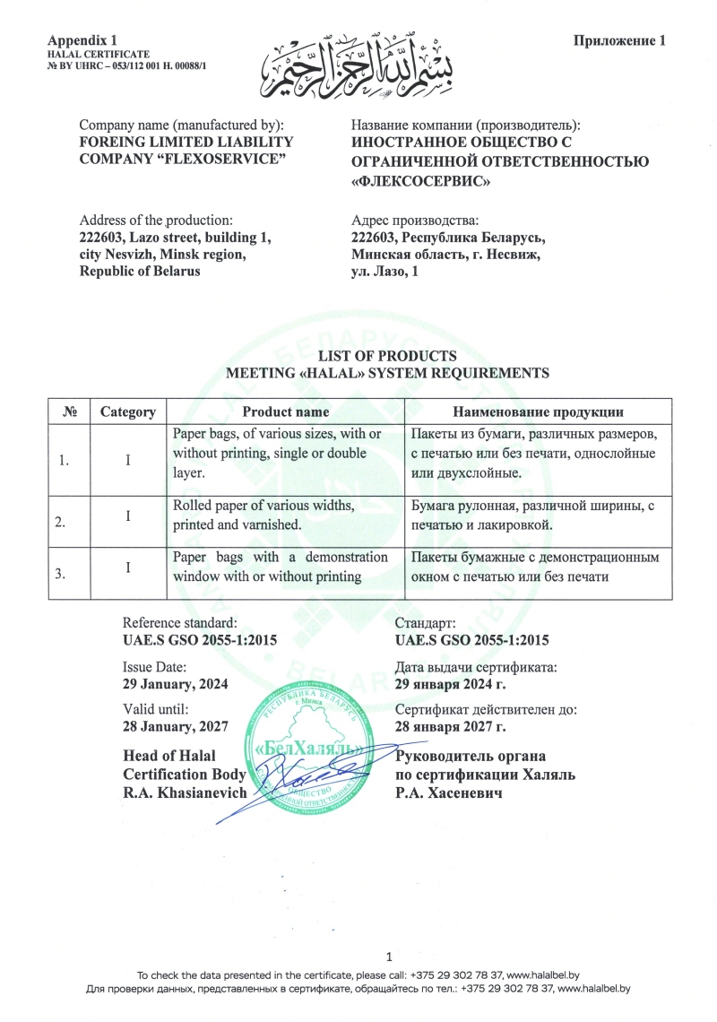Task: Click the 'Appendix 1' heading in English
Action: tap(83, 41)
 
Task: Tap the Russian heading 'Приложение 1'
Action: tap(619, 41)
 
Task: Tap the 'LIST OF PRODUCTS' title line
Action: tap(388, 356)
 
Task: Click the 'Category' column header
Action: tap(128, 412)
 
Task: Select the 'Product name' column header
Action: tap(286, 412)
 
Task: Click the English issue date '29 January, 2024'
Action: tap(175, 683)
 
